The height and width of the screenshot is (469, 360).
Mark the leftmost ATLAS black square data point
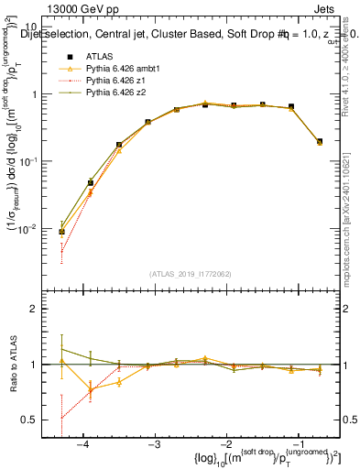pos(61,232)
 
